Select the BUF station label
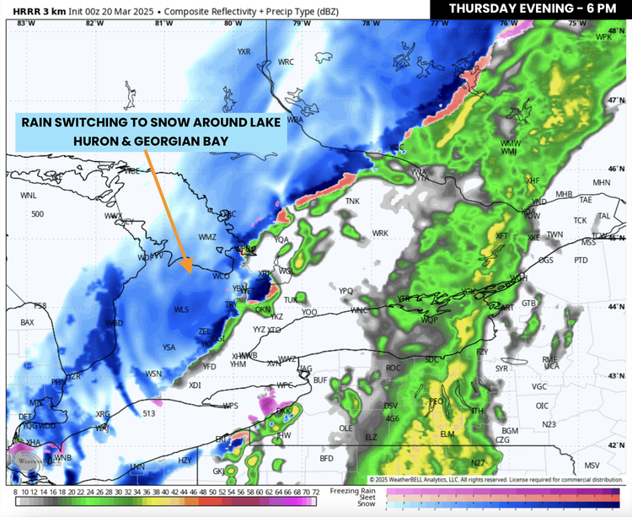point(319,381)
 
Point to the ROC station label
point(393,368)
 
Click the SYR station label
point(501,369)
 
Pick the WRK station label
point(380,233)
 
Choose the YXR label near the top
point(244,51)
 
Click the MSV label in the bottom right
point(592,466)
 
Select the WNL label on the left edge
point(29,195)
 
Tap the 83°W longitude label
point(22,23)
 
